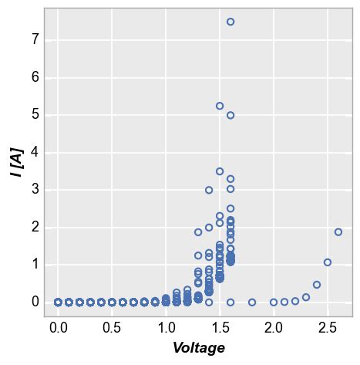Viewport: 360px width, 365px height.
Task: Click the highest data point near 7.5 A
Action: [x=230, y=22]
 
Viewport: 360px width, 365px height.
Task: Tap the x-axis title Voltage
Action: [x=199, y=348]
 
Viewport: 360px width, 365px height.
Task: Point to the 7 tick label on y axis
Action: [x=35, y=40]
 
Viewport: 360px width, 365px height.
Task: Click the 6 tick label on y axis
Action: [x=35, y=78]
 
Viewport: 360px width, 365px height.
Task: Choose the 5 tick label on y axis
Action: [x=35, y=115]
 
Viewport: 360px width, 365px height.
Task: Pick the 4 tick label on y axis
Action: [x=35, y=152]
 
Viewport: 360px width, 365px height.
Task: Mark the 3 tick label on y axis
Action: [x=35, y=190]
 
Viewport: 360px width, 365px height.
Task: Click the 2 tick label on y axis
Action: [x=35, y=227]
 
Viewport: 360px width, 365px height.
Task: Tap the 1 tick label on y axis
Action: [x=35, y=264]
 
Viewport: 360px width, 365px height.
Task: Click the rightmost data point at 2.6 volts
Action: [x=338, y=232]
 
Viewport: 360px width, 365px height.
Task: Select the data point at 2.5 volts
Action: [x=328, y=262]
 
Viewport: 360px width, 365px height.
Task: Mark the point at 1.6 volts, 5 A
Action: [x=230, y=115]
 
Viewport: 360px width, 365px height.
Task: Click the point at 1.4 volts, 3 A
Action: [x=209, y=190]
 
